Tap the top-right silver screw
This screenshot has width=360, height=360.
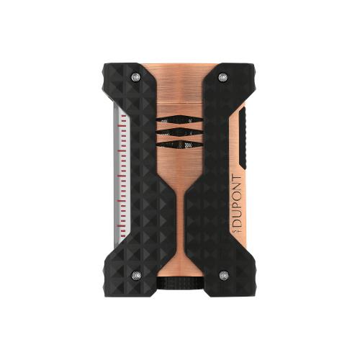tap(223, 77)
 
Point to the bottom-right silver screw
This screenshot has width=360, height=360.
tap(223, 275)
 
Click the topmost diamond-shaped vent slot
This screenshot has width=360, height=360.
tap(180, 120)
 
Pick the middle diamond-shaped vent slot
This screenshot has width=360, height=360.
tap(180, 132)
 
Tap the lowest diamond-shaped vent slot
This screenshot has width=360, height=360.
tap(180, 144)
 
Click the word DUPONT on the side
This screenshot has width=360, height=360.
tap(237, 201)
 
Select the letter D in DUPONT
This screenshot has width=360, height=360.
tap(237, 224)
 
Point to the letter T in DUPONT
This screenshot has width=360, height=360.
tap(237, 179)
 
